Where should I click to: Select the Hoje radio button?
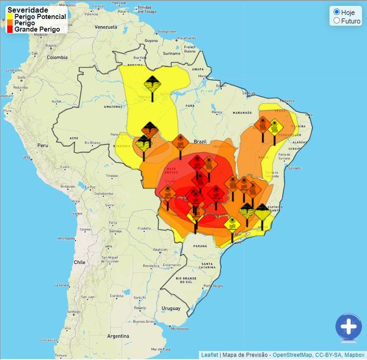(x=336, y=12)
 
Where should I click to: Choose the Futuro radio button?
(x=336, y=21)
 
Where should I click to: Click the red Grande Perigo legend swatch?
(x=10, y=30)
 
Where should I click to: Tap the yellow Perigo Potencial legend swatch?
(x=10, y=16)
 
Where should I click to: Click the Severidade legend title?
(x=28, y=10)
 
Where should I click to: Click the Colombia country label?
(x=57, y=57)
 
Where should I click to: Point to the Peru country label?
(x=43, y=145)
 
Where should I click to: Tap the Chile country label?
(x=79, y=262)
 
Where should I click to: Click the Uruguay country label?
(x=171, y=308)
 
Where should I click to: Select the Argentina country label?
(x=118, y=336)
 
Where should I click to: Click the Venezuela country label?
(x=106, y=27)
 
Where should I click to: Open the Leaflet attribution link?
(x=209, y=355)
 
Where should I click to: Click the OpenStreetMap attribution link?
(x=293, y=355)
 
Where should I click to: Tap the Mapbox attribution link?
(x=354, y=355)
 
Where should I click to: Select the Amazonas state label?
(x=114, y=106)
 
